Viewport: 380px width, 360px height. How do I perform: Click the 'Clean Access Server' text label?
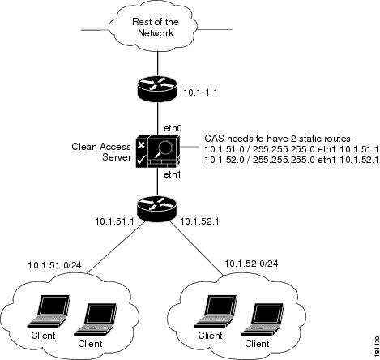point(97,154)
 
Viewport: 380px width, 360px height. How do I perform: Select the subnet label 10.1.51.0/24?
point(60,264)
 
